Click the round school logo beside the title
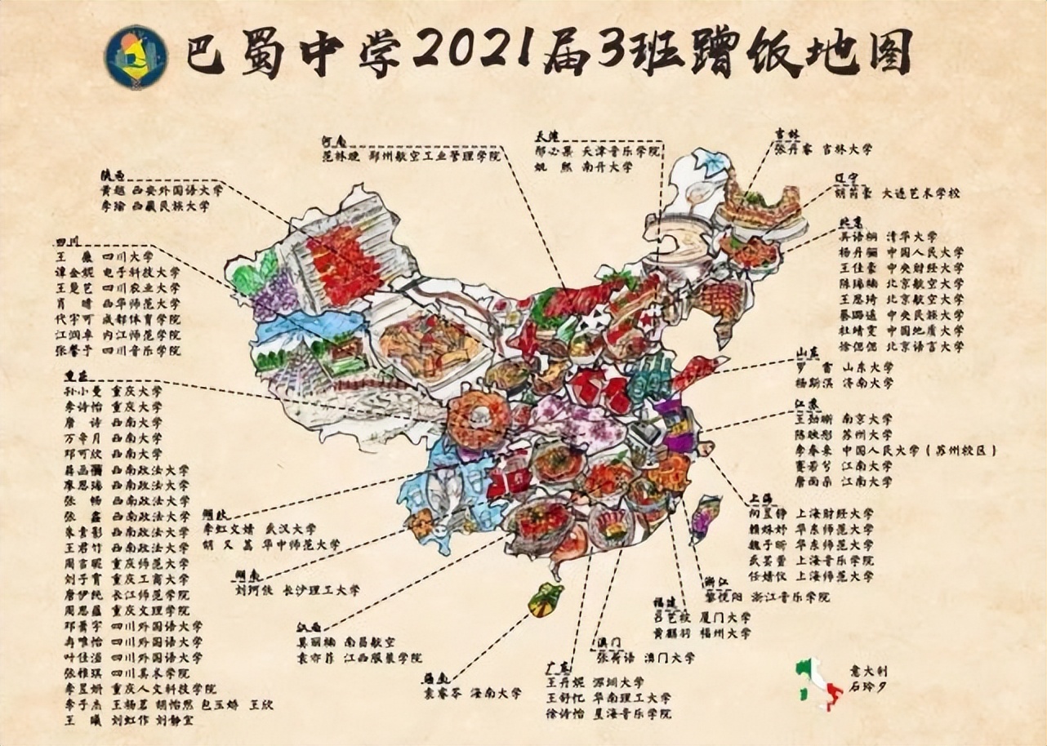pyautogui.click(x=136, y=56)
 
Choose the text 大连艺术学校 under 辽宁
pyautogui.click(x=921, y=194)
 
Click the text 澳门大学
pyautogui.click(x=667, y=657)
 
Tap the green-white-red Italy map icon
pyautogui.click(x=819, y=684)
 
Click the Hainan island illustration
pyautogui.click(x=546, y=599)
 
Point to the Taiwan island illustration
pyautogui.click(x=705, y=517)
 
